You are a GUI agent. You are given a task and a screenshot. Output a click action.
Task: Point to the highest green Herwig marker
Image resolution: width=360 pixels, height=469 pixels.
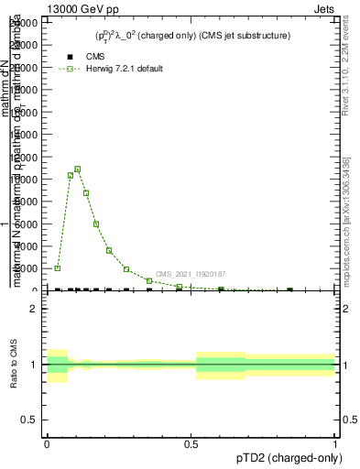click(x=78, y=169)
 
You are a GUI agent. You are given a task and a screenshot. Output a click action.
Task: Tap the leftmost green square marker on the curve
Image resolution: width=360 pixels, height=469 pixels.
click(x=58, y=268)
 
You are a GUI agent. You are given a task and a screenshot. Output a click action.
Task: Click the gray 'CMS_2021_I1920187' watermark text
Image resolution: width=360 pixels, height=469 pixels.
click(x=191, y=274)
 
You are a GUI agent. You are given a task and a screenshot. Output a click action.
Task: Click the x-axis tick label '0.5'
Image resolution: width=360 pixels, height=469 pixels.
click(x=191, y=443)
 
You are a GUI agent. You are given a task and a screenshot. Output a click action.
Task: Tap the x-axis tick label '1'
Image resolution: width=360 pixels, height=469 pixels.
click(x=335, y=443)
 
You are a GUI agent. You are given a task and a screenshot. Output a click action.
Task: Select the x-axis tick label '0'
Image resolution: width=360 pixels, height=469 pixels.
click(x=47, y=443)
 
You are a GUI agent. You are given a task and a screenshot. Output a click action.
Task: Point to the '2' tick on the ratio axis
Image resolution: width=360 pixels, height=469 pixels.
click(x=34, y=310)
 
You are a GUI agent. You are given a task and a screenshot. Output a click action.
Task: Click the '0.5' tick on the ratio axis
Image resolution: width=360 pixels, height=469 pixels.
click(x=28, y=420)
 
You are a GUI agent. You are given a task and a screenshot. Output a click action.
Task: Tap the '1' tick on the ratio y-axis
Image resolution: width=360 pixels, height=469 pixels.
click(x=34, y=365)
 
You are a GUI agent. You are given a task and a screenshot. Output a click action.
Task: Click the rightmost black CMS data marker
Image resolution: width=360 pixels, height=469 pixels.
click(x=289, y=289)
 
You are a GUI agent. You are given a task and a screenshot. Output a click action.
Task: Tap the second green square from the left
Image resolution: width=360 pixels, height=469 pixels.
click(x=71, y=175)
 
